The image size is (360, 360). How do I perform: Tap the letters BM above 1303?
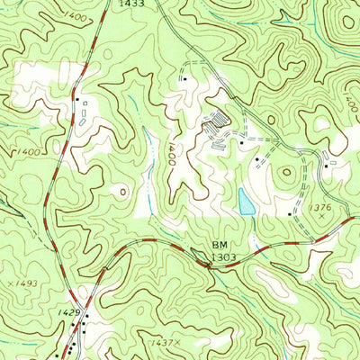[220, 245]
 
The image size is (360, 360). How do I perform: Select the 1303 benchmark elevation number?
[224, 257]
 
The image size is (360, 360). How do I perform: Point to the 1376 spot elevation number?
[319, 209]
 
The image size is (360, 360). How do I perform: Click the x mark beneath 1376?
[321, 218]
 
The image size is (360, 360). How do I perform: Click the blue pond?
[246, 202]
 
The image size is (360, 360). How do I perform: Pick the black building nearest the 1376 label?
[290, 213]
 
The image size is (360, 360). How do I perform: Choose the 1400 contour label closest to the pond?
[167, 153]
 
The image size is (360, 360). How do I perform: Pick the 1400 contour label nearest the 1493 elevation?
[27, 152]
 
